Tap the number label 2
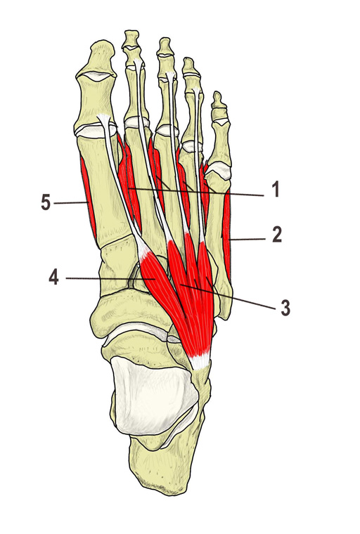click(x=277, y=235)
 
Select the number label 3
click(x=285, y=308)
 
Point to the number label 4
click(x=54, y=278)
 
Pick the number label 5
click(x=46, y=203)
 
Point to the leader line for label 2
click(x=247, y=240)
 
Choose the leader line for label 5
click(x=70, y=203)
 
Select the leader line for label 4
click(x=109, y=278)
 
